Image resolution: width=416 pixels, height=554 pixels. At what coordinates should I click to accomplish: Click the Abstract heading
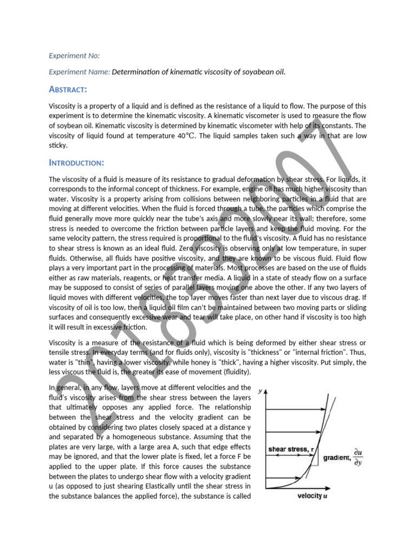tap(68, 89)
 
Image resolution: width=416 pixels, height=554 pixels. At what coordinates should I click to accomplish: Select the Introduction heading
tap(77, 163)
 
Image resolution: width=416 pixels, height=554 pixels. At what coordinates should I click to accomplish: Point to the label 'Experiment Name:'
tap(79, 72)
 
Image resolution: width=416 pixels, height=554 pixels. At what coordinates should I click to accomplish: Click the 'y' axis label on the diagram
tap(261, 390)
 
